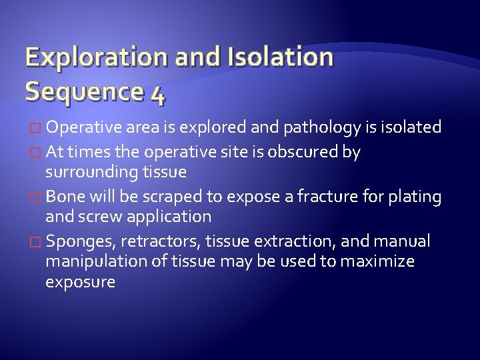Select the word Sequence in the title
[x=79, y=92]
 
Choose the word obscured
[x=301, y=152]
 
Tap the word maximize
[x=377, y=261]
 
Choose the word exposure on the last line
[x=80, y=282]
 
